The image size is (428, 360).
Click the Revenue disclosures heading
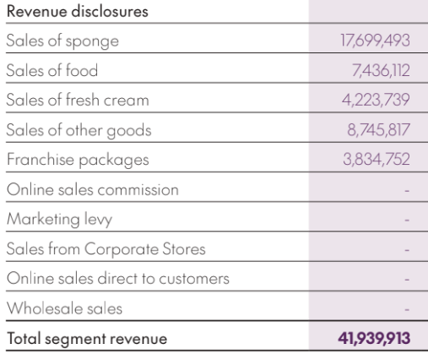(78, 12)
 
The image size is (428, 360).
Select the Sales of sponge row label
(62, 41)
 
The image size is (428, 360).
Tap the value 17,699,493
(375, 41)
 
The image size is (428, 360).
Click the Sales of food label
(52, 70)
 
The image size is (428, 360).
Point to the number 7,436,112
(381, 70)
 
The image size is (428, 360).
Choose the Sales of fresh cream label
(78, 100)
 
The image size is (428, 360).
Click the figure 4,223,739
(376, 100)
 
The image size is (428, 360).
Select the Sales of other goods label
(79, 130)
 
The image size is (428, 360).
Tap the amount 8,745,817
(378, 130)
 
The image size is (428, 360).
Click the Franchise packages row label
(78, 160)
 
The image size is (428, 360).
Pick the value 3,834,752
(377, 160)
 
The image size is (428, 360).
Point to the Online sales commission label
(93, 189)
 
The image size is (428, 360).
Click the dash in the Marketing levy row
(407, 220)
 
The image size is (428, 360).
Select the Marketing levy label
(59, 220)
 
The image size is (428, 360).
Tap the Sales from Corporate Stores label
(106, 249)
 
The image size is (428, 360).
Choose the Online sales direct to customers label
(118, 279)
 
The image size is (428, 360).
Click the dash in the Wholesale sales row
(407, 309)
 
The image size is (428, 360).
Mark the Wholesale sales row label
(64, 308)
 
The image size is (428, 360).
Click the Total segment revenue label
(87, 339)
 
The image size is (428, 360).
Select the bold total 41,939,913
(374, 338)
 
